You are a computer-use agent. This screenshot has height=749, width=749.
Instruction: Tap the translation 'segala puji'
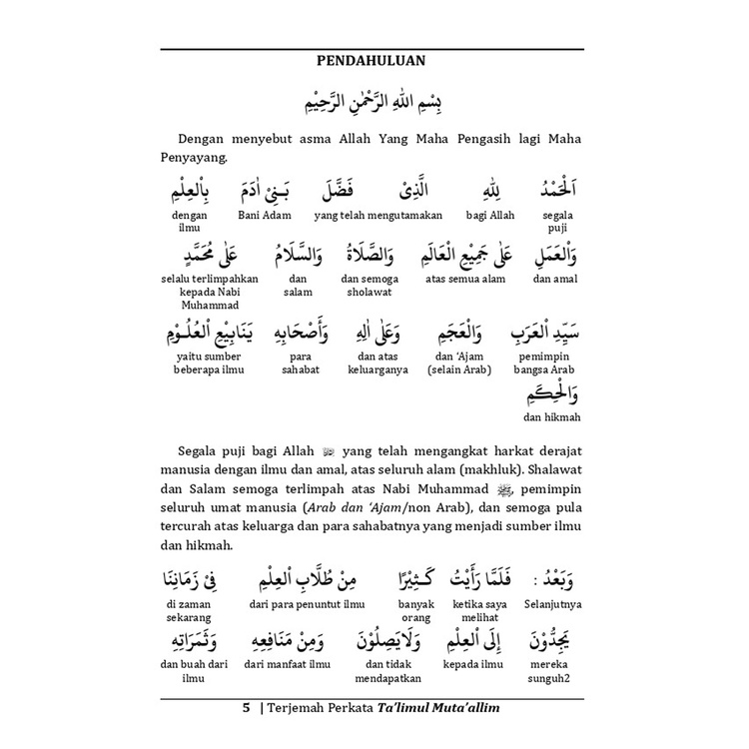tap(557, 221)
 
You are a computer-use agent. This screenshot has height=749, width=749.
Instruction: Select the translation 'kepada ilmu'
tap(474, 662)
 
